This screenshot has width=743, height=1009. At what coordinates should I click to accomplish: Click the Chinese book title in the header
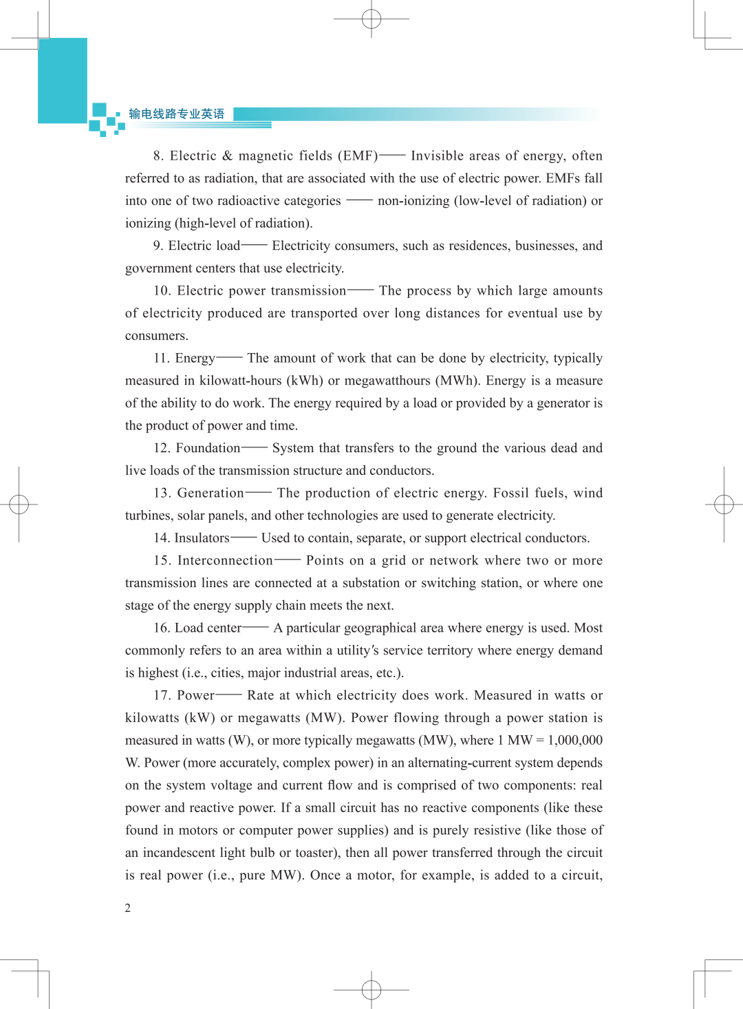(177, 114)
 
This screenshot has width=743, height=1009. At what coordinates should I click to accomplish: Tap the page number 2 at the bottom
(128, 908)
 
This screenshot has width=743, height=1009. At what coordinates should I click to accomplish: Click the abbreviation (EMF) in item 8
(358, 156)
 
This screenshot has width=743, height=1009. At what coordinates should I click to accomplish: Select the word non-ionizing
(413, 200)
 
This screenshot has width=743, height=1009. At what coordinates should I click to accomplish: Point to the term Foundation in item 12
(208, 448)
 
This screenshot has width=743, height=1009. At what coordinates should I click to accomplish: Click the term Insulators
(202, 538)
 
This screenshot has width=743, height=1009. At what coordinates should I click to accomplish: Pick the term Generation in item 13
(211, 493)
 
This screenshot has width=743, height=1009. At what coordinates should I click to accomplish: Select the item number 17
(162, 695)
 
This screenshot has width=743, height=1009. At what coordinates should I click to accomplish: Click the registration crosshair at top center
(371, 19)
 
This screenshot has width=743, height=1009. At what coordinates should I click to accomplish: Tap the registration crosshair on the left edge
(19, 504)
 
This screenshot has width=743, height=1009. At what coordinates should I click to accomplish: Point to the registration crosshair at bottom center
(371, 990)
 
